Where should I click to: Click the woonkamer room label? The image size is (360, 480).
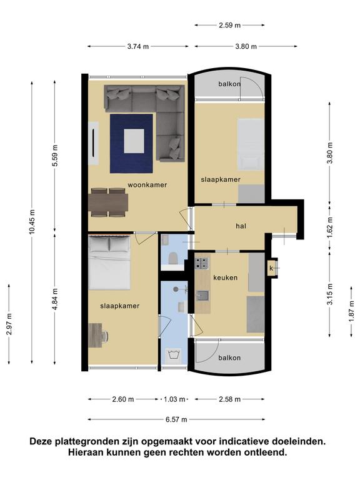(x=147, y=185)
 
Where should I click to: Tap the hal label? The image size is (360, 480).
(x=241, y=226)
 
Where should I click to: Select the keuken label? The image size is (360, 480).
(x=225, y=277)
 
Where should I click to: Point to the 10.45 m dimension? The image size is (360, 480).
(x=32, y=222)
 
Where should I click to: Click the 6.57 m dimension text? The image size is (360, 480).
(x=176, y=419)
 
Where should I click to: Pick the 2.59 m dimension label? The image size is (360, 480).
(x=229, y=26)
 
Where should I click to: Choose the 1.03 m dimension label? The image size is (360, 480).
(x=174, y=399)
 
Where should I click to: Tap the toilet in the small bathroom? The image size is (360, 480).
(x=173, y=258)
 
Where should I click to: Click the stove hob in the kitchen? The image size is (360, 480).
(x=202, y=263)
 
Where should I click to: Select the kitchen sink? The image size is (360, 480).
(x=202, y=296)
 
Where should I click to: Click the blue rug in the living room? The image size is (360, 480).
(x=131, y=144)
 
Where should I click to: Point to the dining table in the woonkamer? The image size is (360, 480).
(x=108, y=202)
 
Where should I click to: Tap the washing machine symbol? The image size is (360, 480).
(x=174, y=354)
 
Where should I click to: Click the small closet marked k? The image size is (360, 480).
(x=272, y=268)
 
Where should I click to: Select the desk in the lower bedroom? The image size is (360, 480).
(x=95, y=335)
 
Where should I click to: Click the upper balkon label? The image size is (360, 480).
(x=229, y=84)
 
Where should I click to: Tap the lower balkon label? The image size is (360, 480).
(x=229, y=357)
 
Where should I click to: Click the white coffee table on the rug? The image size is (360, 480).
(x=134, y=141)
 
